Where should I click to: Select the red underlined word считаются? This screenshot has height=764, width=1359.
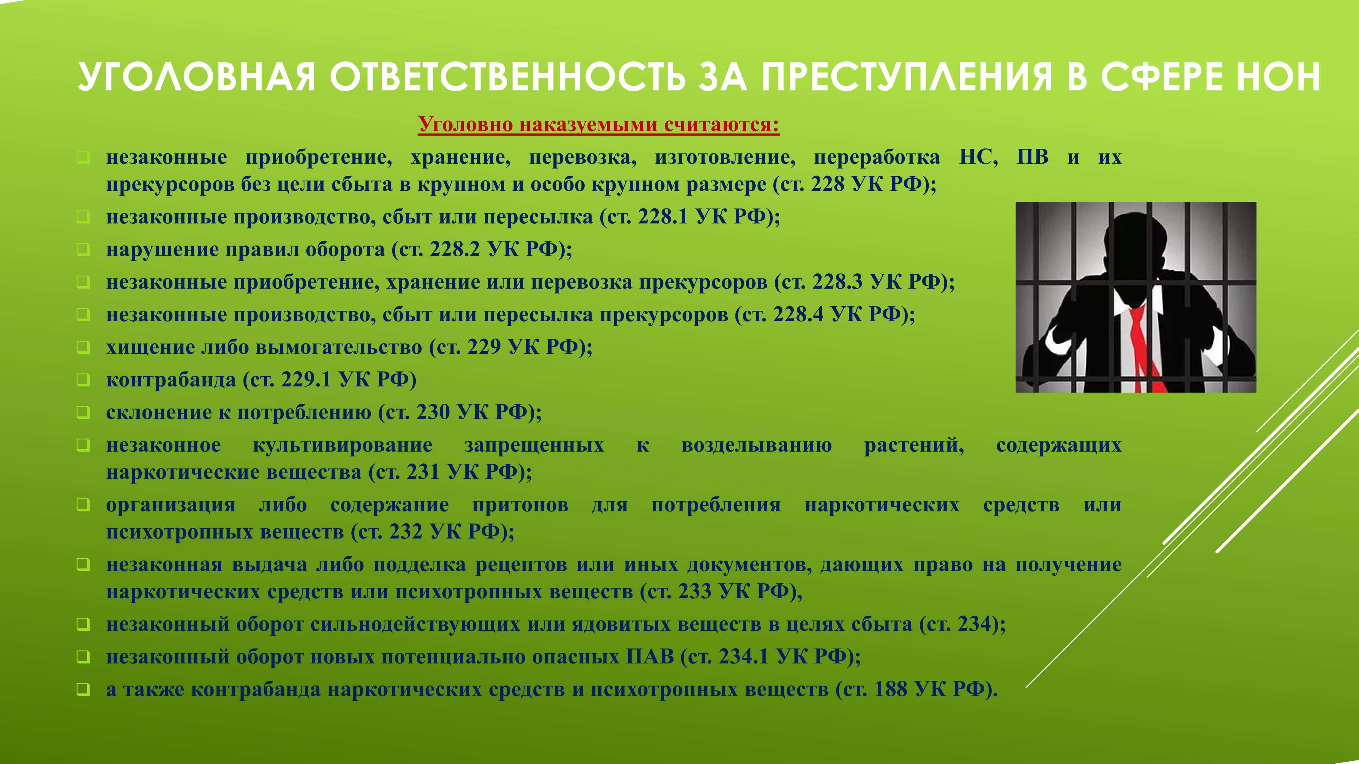(721, 125)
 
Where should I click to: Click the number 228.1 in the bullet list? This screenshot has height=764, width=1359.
(663, 217)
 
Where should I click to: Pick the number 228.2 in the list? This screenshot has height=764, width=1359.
(455, 249)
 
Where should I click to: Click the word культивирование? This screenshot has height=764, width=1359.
(342, 445)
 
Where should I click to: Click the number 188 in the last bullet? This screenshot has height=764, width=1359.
(891, 690)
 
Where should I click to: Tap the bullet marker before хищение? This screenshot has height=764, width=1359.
(83, 347)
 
